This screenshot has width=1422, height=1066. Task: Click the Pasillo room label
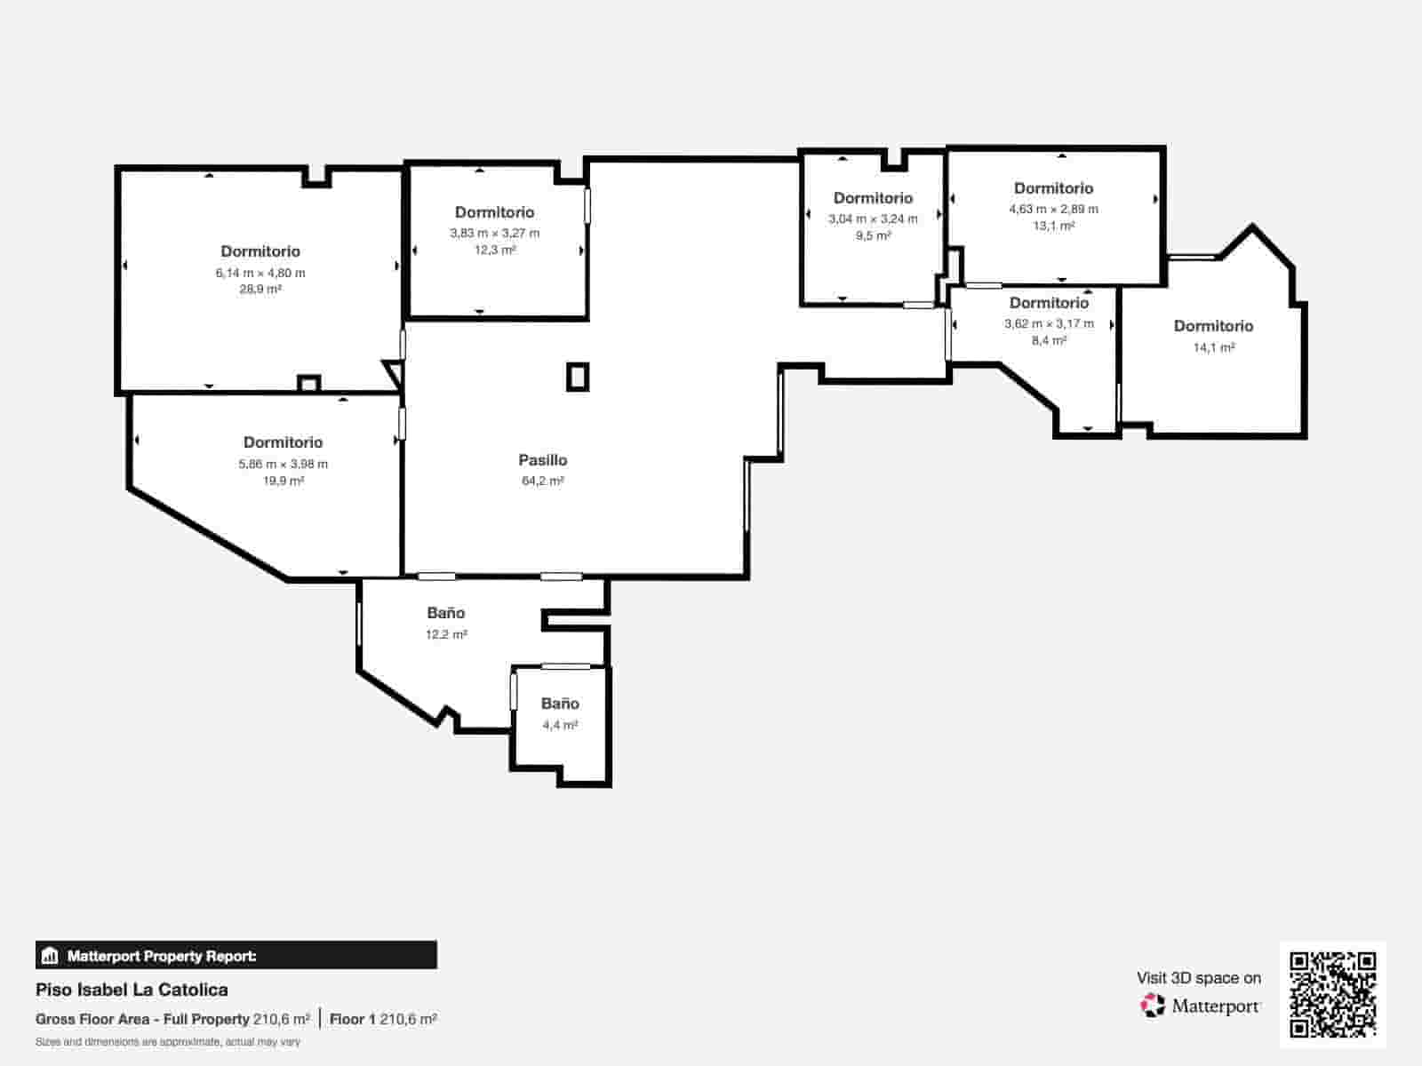click(543, 460)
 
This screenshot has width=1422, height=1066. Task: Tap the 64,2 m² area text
click(543, 481)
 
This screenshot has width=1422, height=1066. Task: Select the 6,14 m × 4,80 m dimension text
click(260, 273)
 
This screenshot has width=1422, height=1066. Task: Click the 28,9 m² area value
click(260, 290)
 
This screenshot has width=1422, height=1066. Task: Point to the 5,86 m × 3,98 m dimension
click(284, 464)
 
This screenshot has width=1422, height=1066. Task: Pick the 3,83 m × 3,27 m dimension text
click(495, 233)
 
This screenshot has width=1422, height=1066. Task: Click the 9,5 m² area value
click(874, 235)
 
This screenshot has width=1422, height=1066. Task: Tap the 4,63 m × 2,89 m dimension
click(1053, 209)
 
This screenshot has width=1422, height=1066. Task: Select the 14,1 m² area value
click(1214, 347)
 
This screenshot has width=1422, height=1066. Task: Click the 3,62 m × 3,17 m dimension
click(1049, 323)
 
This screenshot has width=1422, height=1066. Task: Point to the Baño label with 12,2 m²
click(446, 612)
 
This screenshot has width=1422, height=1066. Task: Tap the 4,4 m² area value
click(560, 725)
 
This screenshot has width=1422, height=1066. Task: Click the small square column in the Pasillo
click(578, 378)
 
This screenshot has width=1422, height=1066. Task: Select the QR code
click(1332, 994)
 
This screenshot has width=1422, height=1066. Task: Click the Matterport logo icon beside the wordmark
click(1152, 1006)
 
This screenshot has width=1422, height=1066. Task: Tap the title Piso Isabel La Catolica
click(132, 990)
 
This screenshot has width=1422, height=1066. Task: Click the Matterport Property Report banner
click(236, 955)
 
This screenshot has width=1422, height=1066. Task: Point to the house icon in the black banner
click(50, 955)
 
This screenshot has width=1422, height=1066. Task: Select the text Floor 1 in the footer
click(353, 1019)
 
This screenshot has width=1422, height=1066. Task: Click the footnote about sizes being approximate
click(168, 1042)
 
